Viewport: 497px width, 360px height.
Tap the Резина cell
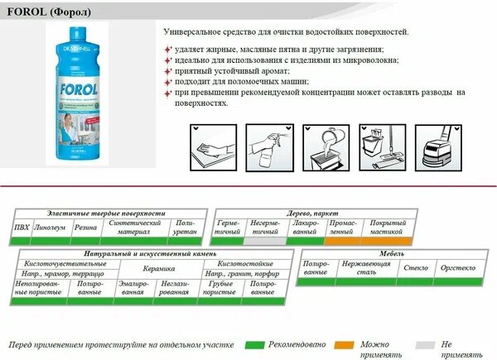click(85, 227)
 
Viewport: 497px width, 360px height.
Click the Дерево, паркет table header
click(311, 213)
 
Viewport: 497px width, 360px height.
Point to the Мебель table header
click(389, 255)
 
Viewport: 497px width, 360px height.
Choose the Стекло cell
click(414, 269)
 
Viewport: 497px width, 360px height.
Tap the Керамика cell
click(157, 269)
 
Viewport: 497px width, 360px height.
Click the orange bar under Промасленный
click(342, 241)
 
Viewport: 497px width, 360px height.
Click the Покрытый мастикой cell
click(387, 228)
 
